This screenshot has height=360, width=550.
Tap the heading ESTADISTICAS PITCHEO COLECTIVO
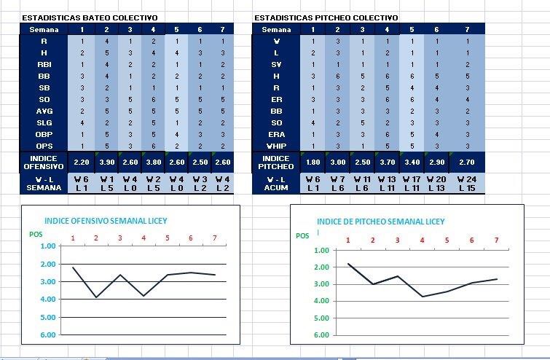click(x=326, y=17)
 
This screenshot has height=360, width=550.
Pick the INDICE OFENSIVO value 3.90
click(x=106, y=163)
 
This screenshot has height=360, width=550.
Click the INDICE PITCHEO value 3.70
click(x=387, y=163)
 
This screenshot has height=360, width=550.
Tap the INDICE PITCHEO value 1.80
click(x=313, y=163)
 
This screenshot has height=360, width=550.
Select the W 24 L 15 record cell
click(x=467, y=183)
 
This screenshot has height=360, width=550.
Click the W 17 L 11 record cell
click(x=412, y=183)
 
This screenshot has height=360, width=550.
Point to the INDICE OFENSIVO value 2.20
click(x=82, y=163)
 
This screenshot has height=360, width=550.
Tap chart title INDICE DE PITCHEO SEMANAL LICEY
click(x=380, y=222)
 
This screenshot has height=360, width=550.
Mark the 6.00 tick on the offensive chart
click(x=47, y=335)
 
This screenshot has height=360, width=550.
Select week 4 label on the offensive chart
click(x=144, y=238)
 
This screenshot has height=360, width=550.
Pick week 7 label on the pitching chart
click(x=496, y=240)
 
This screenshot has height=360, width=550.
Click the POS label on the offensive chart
click(x=36, y=234)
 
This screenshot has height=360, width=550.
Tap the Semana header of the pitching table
click(x=276, y=29)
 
